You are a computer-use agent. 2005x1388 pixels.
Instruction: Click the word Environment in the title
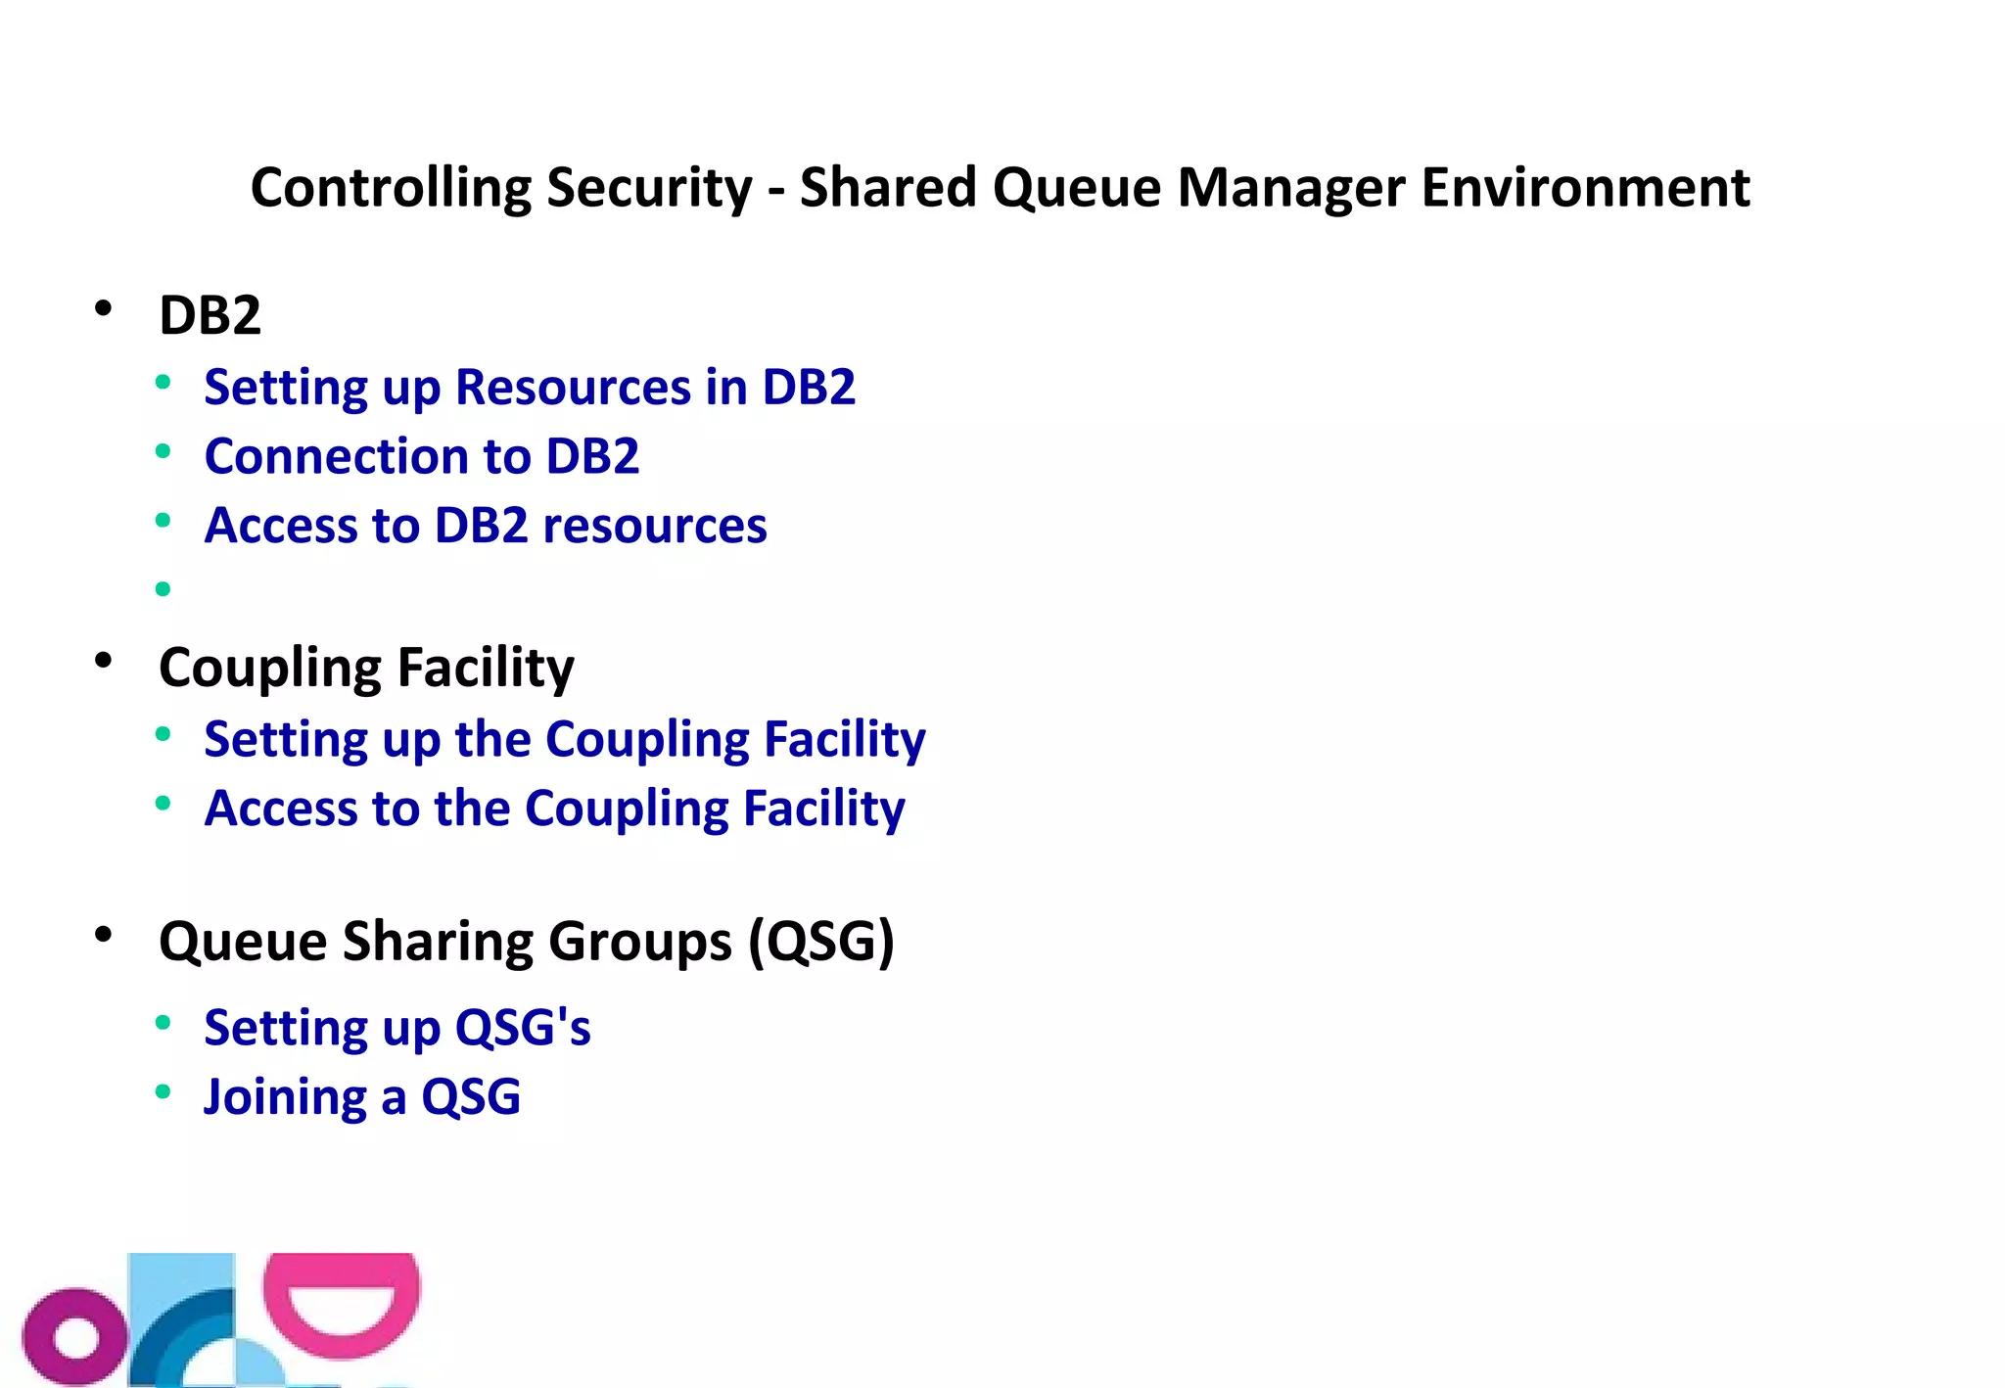1585,188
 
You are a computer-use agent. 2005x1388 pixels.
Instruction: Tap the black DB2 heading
210,315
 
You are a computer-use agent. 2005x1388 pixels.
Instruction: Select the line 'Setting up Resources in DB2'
530,388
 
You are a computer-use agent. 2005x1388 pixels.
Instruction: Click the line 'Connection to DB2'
422,457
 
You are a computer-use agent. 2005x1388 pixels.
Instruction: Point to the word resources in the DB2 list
655,527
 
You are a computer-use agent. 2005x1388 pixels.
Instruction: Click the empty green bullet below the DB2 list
163,589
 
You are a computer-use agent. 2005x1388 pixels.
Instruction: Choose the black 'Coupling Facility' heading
366,669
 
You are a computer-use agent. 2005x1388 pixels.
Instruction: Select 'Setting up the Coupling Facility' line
565,740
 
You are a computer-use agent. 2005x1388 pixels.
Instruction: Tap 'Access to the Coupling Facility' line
554,810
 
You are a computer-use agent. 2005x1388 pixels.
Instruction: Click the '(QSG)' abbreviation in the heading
821,942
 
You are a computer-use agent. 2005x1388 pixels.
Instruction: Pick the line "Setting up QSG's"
397,1028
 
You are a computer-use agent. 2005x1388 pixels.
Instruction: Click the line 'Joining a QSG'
362,1097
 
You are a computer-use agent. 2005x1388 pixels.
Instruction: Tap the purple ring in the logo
74,1337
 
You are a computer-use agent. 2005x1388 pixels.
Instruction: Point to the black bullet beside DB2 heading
104,309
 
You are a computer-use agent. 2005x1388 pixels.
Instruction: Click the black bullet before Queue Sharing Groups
104,936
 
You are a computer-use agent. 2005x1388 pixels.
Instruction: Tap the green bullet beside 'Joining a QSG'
163,1092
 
